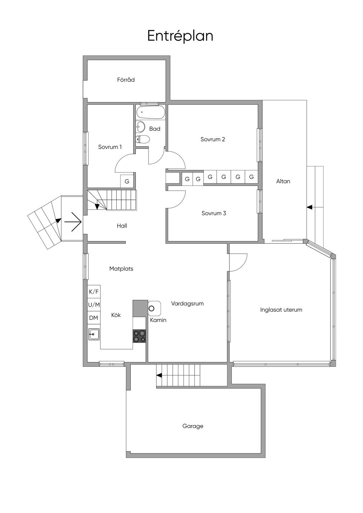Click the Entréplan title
point(180,36)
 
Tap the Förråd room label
point(126,80)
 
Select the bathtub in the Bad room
point(150,112)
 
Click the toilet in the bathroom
point(143,139)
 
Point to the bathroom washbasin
point(140,126)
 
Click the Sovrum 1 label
point(110,147)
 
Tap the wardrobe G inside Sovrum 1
point(127,181)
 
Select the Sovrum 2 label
point(213,139)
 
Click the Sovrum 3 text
point(214,213)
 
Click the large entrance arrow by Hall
point(73,222)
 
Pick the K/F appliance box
point(94,292)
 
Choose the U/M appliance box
point(94,305)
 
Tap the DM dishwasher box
point(94,318)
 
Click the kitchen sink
point(94,334)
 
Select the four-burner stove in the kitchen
point(139,336)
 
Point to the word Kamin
point(158,320)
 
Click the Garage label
point(193,426)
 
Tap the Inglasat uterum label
point(281,310)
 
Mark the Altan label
point(283,181)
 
